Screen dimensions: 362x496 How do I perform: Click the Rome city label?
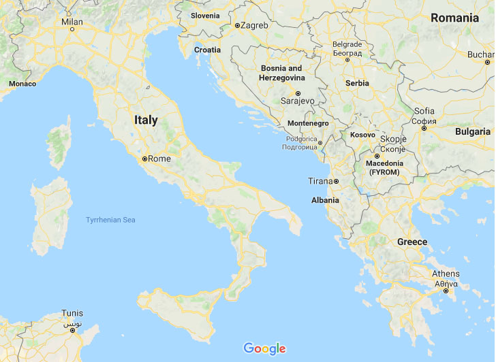point(159,159)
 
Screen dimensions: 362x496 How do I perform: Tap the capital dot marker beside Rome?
point(144,159)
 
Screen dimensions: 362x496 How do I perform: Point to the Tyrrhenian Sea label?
point(111,219)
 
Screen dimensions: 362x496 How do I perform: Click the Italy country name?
point(146,120)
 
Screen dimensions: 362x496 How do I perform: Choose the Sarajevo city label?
point(297,101)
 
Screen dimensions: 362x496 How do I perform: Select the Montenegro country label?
point(308,123)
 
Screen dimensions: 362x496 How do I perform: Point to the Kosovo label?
point(362,135)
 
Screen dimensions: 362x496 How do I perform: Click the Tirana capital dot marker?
point(336,181)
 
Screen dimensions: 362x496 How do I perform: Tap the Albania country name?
point(325,200)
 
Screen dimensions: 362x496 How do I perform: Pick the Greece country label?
point(412,242)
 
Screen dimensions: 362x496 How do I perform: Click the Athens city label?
point(446,274)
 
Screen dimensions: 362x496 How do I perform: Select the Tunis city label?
point(72,314)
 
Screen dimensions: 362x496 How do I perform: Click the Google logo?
point(264,348)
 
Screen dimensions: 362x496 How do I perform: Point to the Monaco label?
point(22,84)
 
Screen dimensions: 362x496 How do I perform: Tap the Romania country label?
point(454,18)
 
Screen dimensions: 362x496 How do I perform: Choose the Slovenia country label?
point(205,15)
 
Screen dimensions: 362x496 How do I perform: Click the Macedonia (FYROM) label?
point(385,167)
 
